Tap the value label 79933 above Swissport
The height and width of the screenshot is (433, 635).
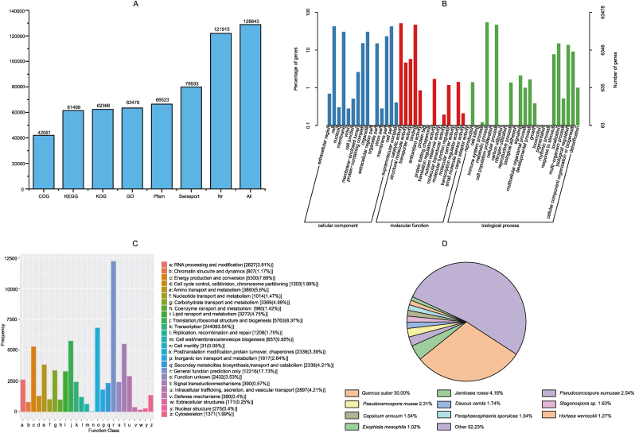tap(192, 82)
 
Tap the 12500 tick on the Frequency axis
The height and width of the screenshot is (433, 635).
tap(12, 259)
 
